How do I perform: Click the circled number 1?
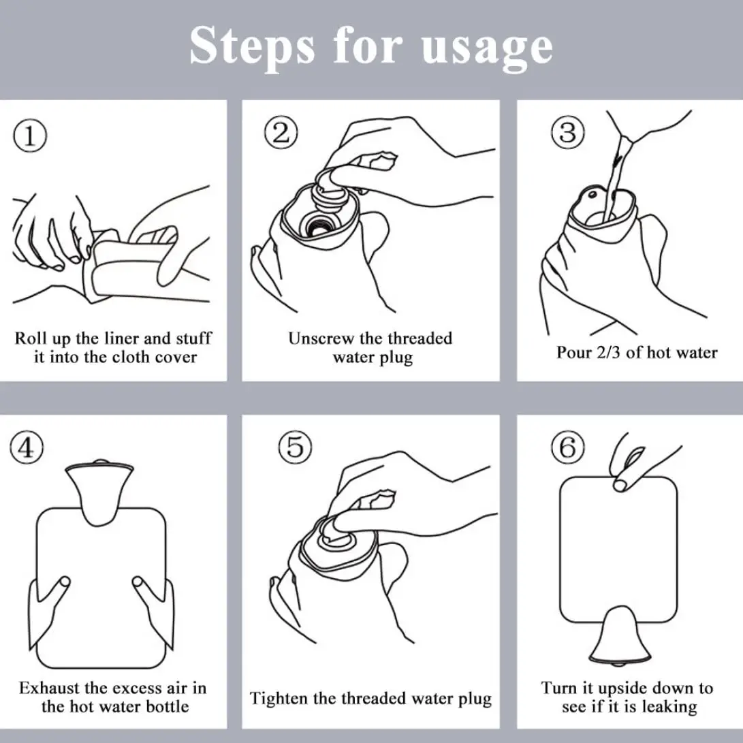tap(30, 136)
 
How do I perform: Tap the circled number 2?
tap(281, 132)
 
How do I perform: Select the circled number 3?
tap(568, 132)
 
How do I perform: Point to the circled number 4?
tap(27, 447)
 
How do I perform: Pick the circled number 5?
tap(295, 447)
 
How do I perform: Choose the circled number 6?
tap(568, 447)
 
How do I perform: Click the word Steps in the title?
tap(252, 46)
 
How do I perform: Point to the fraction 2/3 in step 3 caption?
tap(608, 353)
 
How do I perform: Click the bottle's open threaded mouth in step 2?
tap(316, 226)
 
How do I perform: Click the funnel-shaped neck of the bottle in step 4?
tap(99, 493)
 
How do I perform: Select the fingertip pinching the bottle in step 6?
tap(622, 484)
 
